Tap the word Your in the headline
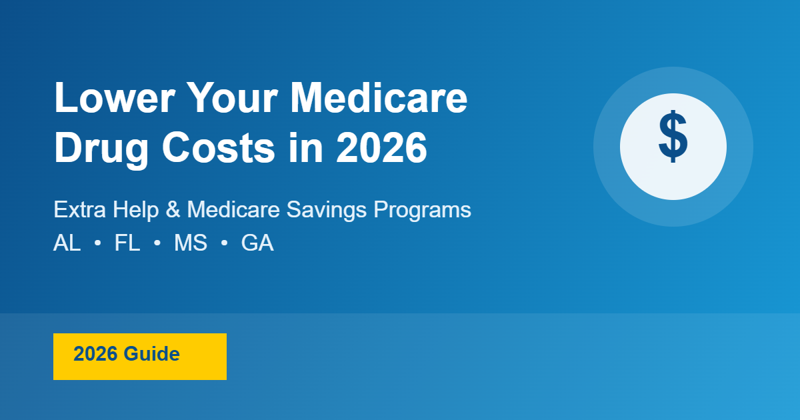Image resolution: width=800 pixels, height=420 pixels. point(233,97)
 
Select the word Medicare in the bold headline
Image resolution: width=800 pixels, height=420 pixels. point(379,97)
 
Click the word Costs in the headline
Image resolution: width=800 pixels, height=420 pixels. point(218,147)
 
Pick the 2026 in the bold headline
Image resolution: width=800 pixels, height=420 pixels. point(381,147)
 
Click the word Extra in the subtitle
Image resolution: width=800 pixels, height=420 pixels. point(79,209)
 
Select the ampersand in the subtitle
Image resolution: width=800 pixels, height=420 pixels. point(173,209)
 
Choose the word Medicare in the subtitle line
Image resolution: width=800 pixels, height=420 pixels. point(233,209)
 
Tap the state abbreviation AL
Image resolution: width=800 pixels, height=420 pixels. point(67,243)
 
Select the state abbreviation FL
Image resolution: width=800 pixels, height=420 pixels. point(127,243)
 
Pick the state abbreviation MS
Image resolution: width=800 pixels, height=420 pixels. point(191,243)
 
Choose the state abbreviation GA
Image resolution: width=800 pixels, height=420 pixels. point(257,243)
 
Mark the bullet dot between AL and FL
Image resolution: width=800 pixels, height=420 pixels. point(97,243)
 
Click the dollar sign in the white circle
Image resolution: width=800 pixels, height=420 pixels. point(673,137)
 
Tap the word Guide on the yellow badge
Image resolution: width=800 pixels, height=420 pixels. point(152,354)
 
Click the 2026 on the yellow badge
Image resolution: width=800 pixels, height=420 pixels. point(95,354)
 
